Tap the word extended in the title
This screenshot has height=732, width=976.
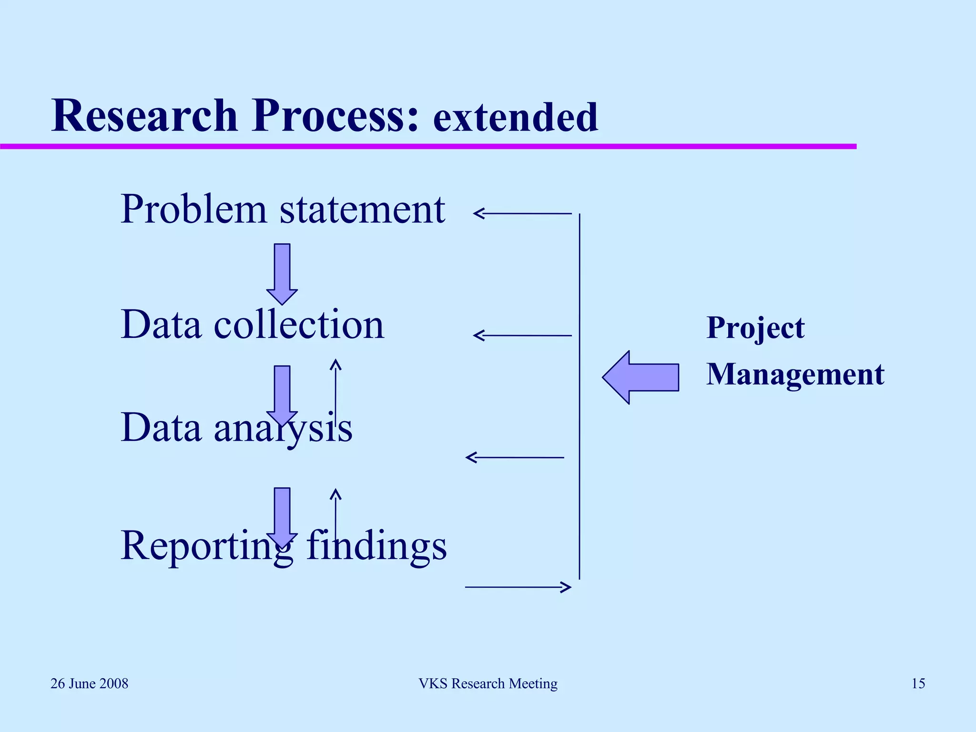point(515,118)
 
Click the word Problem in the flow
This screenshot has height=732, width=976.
point(193,210)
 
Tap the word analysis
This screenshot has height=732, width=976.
point(283,427)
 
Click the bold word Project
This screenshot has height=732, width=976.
point(755,328)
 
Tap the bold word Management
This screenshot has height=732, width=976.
point(795,375)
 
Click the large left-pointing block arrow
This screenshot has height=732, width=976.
point(640,377)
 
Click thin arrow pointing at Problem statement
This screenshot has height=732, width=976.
point(522,213)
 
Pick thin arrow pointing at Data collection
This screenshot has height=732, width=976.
point(522,335)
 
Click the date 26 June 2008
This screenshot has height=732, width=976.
point(90,684)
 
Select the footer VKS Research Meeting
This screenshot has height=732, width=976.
point(488,684)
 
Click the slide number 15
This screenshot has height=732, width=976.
point(918,684)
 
